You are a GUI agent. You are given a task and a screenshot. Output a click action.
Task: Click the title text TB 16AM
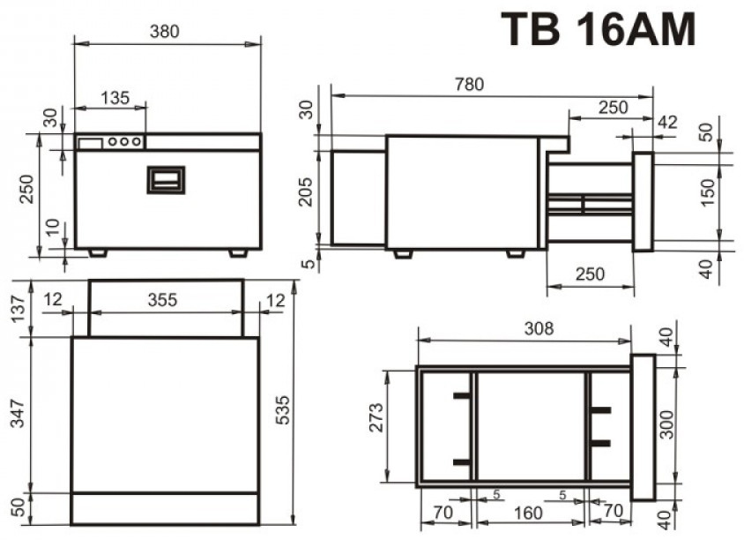[x=599, y=29]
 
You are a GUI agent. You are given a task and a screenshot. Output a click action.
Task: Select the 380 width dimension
[x=165, y=32]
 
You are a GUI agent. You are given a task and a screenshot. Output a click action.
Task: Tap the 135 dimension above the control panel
[x=115, y=98]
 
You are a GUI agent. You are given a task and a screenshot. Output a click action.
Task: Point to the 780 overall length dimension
[x=469, y=84]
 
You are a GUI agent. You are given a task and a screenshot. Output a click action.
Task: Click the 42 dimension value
[x=667, y=122]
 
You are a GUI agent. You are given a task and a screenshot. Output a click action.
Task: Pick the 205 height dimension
[x=307, y=191]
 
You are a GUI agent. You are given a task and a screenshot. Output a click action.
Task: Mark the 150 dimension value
[x=707, y=191]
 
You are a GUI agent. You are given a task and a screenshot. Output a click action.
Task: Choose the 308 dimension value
[x=539, y=328]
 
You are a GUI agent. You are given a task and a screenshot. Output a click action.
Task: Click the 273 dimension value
[x=376, y=417]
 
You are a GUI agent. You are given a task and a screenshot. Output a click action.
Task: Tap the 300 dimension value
[x=666, y=424]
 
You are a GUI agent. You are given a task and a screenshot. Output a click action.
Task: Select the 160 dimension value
[x=528, y=513]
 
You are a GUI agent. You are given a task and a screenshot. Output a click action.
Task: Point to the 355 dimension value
[x=162, y=300]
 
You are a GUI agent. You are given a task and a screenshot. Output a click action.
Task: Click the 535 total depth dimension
[x=283, y=409]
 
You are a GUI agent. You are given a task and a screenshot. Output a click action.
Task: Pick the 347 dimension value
[x=18, y=413]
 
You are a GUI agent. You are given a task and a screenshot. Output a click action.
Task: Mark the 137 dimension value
[x=18, y=309]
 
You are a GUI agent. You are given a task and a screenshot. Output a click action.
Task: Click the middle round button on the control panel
[x=124, y=141]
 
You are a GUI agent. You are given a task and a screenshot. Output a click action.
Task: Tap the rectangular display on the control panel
[x=91, y=143]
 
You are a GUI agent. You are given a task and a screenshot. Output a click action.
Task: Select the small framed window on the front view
[x=166, y=180]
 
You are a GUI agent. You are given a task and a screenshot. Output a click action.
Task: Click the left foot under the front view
[x=98, y=252]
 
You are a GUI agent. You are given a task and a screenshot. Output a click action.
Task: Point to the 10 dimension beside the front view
[x=53, y=227]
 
